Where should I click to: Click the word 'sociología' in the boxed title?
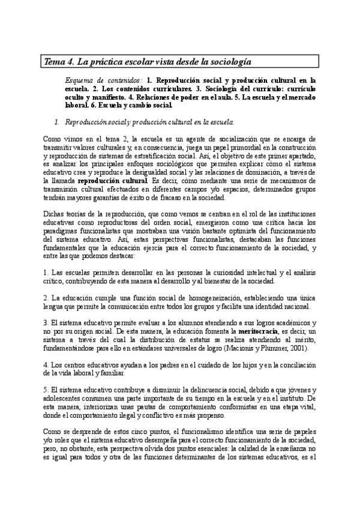point(229,62)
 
